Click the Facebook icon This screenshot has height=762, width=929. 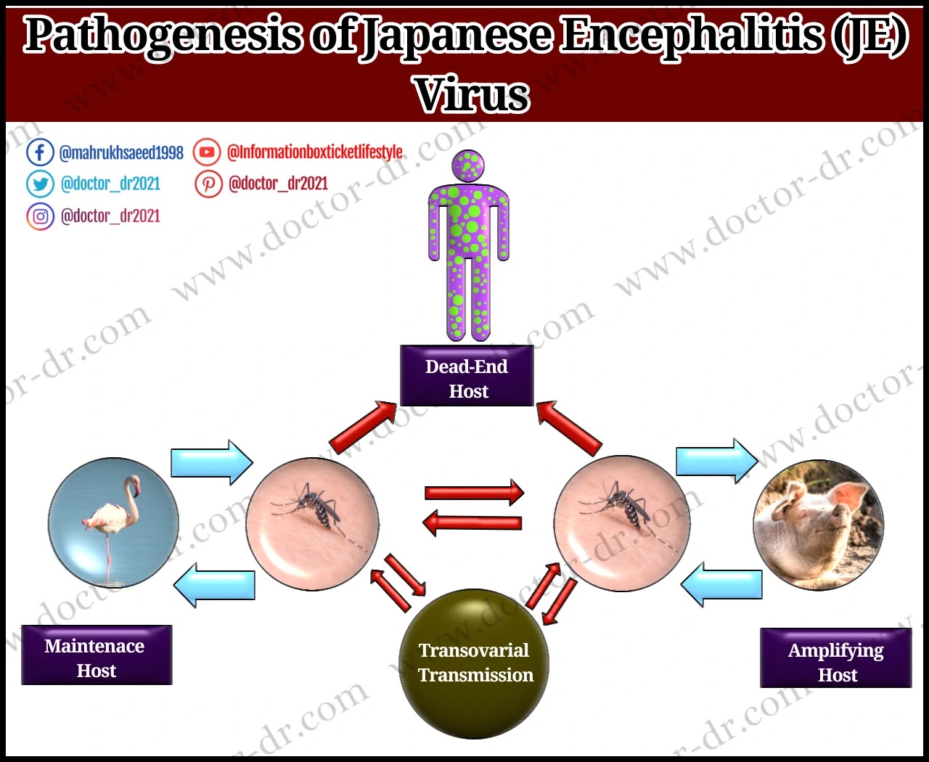tap(40, 152)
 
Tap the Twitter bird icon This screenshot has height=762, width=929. tap(40, 184)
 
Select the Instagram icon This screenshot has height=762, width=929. tap(40, 216)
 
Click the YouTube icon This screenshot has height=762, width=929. tap(208, 152)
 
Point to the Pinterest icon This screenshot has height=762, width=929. tap(208, 184)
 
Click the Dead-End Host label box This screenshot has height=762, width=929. tap(467, 376)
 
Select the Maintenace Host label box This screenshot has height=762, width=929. tap(97, 655)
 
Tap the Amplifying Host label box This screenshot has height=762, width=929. tap(835, 659)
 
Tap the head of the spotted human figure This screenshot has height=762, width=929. tap(468, 166)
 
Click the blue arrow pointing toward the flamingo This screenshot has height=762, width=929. tap(215, 585)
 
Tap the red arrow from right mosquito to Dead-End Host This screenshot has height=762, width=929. tap(570, 428)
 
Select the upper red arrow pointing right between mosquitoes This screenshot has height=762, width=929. tap(474, 493)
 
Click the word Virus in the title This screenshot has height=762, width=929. tap(472, 94)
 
